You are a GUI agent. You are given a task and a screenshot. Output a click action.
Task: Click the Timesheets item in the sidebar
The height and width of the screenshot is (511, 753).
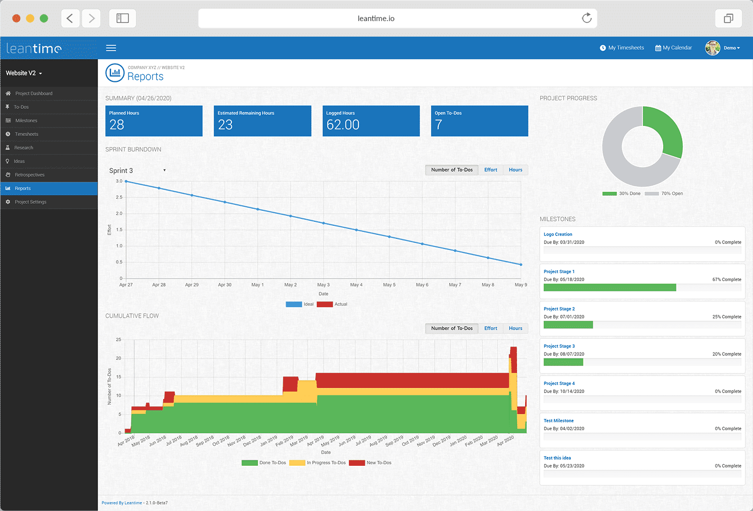[x=26, y=134]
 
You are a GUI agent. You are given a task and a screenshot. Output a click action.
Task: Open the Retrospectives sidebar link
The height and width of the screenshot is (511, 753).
[x=29, y=175]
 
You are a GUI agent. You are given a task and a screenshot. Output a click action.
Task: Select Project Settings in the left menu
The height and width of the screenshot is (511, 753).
[x=30, y=202]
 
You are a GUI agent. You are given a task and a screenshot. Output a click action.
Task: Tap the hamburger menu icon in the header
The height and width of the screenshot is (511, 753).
[x=111, y=48]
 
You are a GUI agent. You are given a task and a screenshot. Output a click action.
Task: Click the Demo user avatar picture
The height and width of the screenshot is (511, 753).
[x=712, y=48]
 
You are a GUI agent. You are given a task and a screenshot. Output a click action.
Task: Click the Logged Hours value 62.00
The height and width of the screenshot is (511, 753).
[x=343, y=125]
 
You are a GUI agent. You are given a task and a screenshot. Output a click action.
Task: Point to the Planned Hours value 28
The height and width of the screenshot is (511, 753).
[x=116, y=125]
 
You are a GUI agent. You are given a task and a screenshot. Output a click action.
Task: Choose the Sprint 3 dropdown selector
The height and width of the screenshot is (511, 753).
[x=137, y=171]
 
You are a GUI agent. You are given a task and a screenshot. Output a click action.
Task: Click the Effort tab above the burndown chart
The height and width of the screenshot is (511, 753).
[x=490, y=170]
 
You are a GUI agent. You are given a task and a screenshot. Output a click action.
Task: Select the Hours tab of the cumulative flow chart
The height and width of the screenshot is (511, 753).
[x=515, y=328]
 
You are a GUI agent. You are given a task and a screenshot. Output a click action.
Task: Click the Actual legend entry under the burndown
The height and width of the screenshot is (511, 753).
[x=332, y=304]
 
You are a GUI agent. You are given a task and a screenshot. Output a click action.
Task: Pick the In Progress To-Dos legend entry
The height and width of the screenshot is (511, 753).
[x=317, y=463]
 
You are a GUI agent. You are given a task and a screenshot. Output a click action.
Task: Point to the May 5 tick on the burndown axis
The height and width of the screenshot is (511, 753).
[x=389, y=285]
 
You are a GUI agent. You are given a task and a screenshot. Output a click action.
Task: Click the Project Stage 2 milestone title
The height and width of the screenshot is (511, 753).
[x=559, y=309]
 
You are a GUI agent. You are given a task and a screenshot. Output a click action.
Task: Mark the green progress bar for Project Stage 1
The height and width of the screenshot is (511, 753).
[x=609, y=288]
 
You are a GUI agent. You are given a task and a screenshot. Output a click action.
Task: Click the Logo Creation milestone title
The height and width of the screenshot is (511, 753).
[x=558, y=234]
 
